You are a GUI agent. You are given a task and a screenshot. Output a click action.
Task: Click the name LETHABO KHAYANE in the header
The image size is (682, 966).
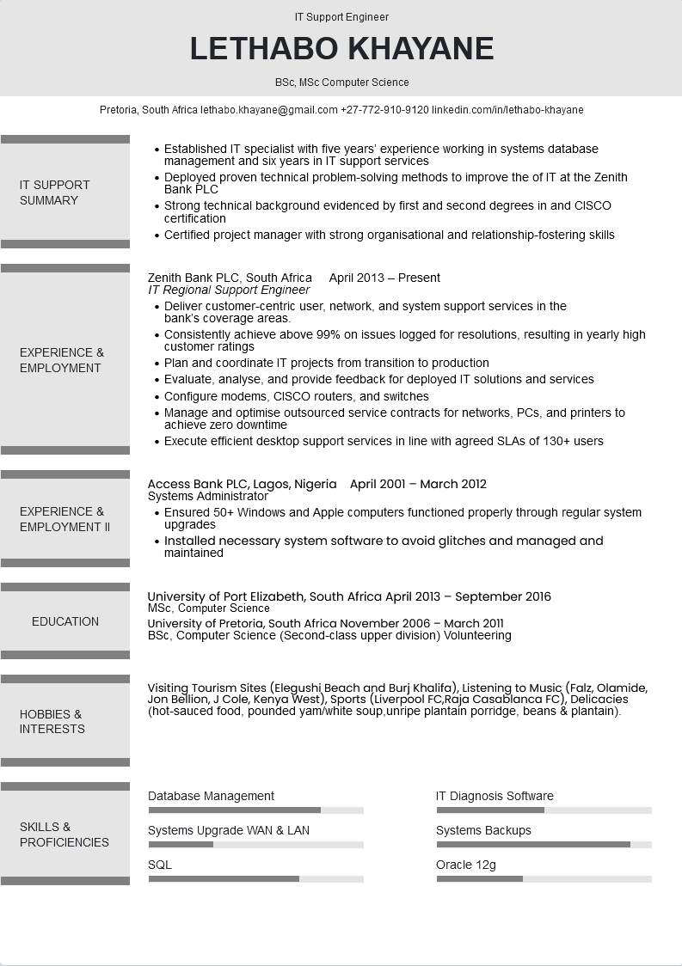coord(341,49)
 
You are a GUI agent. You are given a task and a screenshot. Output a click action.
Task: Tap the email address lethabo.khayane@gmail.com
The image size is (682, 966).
coord(269,110)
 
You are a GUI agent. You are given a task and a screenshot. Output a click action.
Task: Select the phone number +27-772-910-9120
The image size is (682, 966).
coord(384,110)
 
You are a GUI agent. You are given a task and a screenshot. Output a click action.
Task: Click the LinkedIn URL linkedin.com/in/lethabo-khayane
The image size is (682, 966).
coord(507,110)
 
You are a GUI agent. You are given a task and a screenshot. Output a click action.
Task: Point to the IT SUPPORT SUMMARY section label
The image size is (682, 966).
coord(55,193)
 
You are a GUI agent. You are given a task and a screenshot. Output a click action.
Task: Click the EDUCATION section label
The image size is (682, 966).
coord(65,621)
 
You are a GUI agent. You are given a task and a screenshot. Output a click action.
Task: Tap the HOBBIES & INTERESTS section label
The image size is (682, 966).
coord(52,721)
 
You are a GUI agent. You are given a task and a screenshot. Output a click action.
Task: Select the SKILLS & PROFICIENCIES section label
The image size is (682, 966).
coord(65,835)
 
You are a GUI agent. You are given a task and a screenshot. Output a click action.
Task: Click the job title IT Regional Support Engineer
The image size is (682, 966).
coord(229,290)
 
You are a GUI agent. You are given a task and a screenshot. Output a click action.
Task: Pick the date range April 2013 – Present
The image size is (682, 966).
coord(384,278)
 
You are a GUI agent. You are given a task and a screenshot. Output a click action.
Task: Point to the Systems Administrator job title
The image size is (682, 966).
coord(208,496)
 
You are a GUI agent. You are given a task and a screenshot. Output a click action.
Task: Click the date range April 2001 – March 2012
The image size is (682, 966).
coord(418,484)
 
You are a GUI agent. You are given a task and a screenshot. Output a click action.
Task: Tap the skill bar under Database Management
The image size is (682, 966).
coord(255,810)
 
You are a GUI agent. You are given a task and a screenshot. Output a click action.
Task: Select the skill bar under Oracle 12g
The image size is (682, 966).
coord(544,878)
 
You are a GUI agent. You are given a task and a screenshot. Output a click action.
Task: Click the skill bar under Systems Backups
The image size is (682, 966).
coord(544,844)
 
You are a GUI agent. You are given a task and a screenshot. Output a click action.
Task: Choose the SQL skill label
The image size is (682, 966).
coord(160,865)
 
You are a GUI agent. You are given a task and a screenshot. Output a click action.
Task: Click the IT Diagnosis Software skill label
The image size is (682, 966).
coord(495,796)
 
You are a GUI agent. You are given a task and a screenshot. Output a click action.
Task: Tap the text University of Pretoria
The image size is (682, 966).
coord(206,623)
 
